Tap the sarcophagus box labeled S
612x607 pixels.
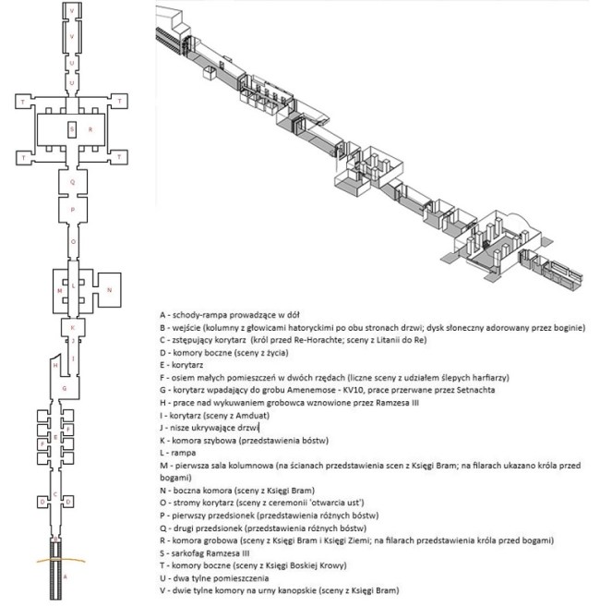pos(72,130)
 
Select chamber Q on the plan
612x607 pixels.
pos(72,183)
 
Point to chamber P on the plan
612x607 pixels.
pos(72,211)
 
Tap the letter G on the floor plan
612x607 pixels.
pos(64,389)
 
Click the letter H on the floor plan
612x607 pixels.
pos(55,367)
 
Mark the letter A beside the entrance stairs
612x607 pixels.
pos(65,574)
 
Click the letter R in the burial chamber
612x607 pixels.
pos(90,130)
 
